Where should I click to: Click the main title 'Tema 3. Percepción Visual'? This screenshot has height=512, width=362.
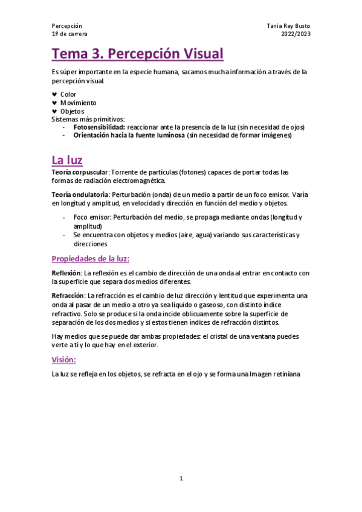[138, 54]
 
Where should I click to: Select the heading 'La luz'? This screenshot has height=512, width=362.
[67, 160]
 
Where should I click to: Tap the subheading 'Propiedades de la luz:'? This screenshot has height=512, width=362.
[91, 259]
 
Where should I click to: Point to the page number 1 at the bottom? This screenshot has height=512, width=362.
[181, 479]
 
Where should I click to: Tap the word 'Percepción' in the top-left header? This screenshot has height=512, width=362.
[67, 26]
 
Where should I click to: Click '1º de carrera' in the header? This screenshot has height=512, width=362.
[69, 34]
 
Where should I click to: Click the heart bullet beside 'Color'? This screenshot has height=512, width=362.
[54, 94]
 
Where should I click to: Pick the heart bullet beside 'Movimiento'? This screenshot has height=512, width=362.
[54, 103]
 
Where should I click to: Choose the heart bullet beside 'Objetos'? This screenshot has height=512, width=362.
[54, 111]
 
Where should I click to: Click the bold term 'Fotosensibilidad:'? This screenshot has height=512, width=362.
[99, 127]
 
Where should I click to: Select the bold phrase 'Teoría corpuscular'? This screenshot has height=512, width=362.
[79, 172]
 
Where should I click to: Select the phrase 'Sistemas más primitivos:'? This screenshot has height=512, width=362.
[88, 120]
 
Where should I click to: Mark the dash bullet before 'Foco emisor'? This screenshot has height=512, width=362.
[65, 217]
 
